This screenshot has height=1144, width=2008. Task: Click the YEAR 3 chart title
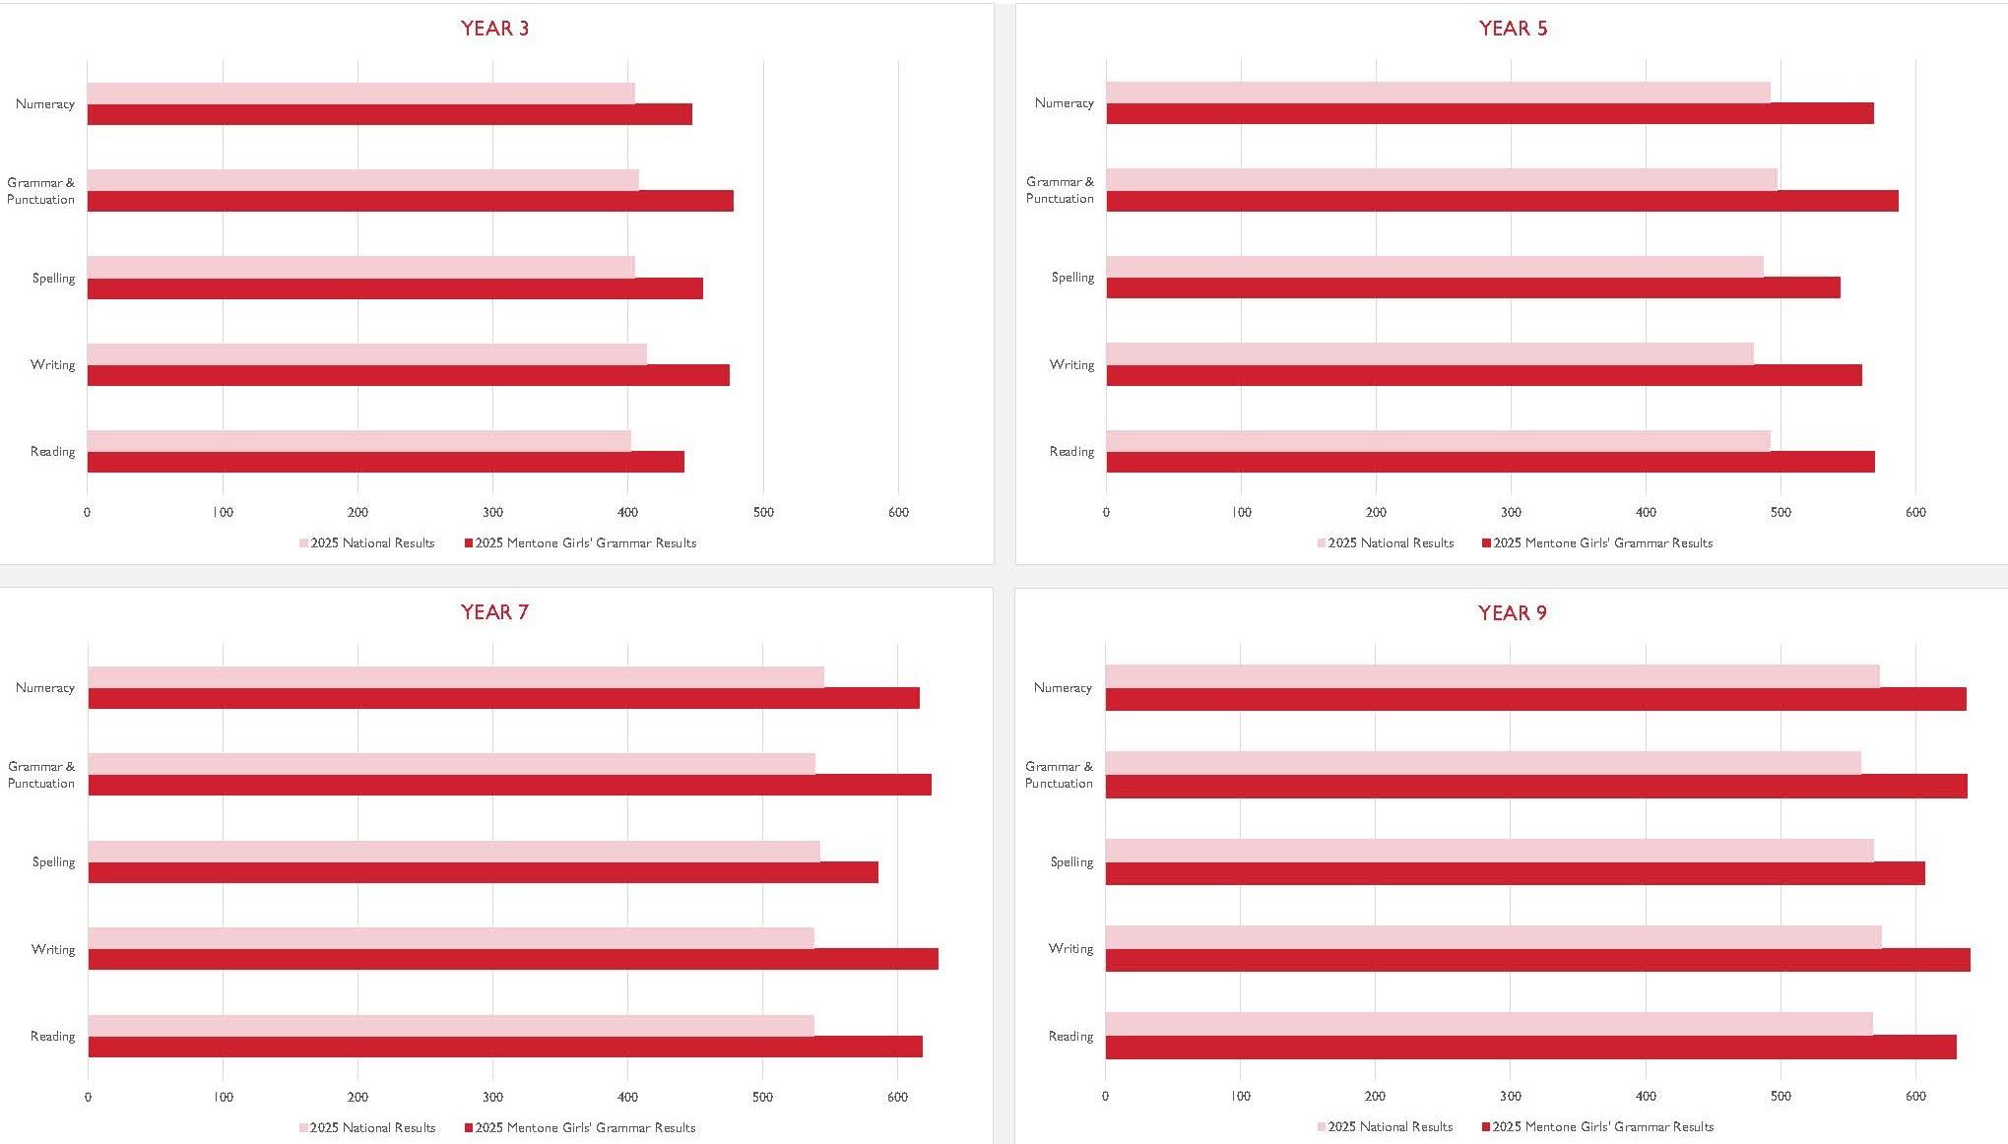pyautogui.click(x=494, y=29)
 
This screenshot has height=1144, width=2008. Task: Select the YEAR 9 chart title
pyautogui.click(x=1512, y=613)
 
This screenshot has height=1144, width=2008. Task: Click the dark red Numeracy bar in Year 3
pyautogui.click(x=389, y=115)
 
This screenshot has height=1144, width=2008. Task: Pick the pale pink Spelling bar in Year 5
pyautogui.click(x=1434, y=267)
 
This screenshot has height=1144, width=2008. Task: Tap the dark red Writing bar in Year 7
pyautogui.click(x=512, y=959)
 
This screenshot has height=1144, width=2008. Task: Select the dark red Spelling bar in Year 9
pyautogui.click(x=1515, y=873)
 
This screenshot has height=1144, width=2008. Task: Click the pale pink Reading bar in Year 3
pyautogui.click(x=358, y=441)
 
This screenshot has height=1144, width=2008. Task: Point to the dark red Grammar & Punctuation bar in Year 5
pyautogui.click(x=1502, y=201)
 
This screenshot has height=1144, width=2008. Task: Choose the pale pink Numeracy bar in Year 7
pyautogui.click(x=455, y=676)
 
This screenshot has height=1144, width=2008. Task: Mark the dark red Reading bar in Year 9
pyautogui.click(x=1530, y=1048)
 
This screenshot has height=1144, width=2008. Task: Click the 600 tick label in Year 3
pyautogui.click(x=898, y=512)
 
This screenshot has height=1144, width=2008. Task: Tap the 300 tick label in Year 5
pyautogui.click(x=1511, y=512)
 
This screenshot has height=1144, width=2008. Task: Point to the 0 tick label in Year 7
pyautogui.click(x=88, y=1097)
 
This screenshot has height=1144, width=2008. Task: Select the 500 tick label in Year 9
pyautogui.click(x=1781, y=1096)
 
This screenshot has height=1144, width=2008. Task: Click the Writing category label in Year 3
pyautogui.click(x=52, y=365)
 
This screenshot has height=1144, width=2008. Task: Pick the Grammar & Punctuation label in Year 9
pyautogui.click(x=1059, y=775)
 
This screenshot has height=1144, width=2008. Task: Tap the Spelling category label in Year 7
pyautogui.click(x=53, y=862)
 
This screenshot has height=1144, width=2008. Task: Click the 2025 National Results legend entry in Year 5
pyautogui.click(x=1390, y=543)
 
